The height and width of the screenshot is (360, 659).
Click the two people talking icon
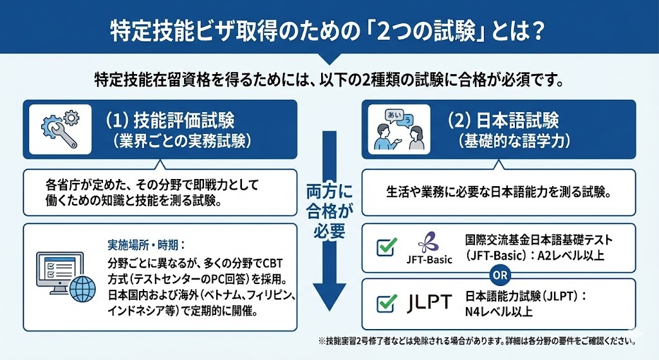[x=399, y=129]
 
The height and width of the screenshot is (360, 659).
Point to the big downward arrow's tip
[x=329, y=308]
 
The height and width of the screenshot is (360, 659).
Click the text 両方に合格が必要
[x=329, y=209]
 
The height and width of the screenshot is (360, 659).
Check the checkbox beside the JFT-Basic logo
[x=386, y=246]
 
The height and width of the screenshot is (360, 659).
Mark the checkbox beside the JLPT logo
[x=386, y=303]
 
